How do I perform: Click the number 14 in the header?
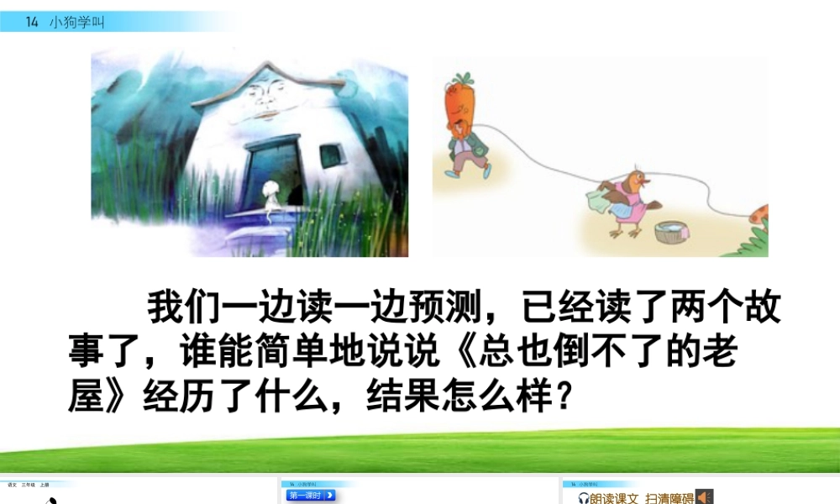[32, 23]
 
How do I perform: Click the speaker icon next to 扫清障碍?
[705, 497]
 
